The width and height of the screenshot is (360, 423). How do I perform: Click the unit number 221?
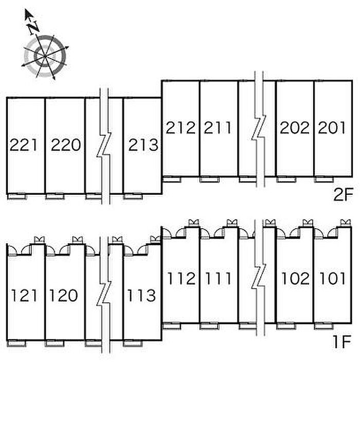pos(24,145)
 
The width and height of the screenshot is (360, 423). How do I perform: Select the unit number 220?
pos(66,145)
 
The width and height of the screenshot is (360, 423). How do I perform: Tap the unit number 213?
pos(143,145)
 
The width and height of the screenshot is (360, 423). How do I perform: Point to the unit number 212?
pos(181,127)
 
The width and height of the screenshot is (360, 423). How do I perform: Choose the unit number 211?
pos(218,127)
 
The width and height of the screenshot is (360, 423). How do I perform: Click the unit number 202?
pos(294,127)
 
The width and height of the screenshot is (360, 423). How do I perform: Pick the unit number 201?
pos(332,127)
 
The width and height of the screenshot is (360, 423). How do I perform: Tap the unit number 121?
pos(24,296)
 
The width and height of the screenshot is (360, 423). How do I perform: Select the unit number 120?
pos(64,296)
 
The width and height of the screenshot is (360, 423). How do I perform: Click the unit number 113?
pos(141,296)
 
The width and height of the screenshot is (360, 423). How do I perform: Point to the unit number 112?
pos(182,279)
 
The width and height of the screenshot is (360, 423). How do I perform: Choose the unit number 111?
pos(218,279)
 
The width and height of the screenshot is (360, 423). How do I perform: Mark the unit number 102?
pos(295,279)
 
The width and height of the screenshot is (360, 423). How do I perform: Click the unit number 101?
pos(332,279)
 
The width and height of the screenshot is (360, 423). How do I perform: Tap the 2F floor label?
pos(343,195)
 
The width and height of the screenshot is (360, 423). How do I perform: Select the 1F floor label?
pos(342,342)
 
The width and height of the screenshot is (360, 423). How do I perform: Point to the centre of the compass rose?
pos(45,56)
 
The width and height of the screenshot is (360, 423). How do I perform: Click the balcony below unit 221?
pos(17,196)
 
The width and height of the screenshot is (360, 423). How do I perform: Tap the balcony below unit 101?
pos(325,326)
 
